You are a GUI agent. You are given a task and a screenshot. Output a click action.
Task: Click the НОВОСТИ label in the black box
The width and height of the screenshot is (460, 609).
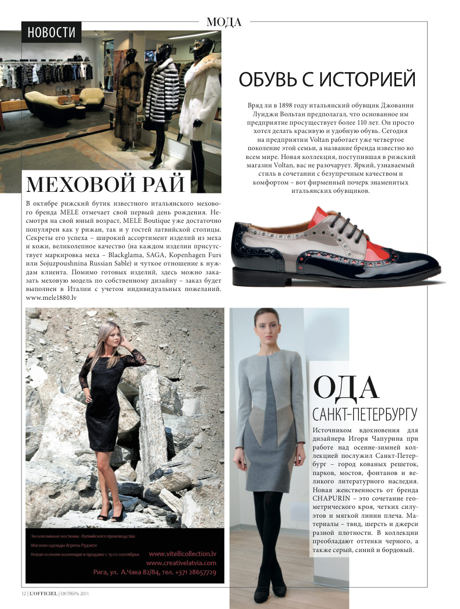click(x=51, y=32)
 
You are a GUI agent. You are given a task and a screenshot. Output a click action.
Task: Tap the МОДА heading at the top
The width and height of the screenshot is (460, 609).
click(x=224, y=22)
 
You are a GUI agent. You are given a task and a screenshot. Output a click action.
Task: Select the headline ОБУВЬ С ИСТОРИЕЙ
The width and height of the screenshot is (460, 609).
click(x=327, y=79)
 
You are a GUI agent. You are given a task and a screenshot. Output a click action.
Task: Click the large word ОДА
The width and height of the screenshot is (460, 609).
click(x=346, y=388)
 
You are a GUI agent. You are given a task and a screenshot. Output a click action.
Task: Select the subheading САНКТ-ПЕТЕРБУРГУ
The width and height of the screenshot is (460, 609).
click(x=365, y=414)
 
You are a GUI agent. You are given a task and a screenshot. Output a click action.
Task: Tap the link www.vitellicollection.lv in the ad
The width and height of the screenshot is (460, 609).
click(x=182, y=553)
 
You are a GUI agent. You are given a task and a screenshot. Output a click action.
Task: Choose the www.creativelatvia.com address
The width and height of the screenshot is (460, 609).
click(x=181, y=563)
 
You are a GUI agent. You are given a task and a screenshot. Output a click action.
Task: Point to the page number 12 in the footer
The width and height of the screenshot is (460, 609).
click(x=23, y=593)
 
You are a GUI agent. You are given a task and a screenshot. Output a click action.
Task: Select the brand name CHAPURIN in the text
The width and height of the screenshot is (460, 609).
click(x=329, y=497)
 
